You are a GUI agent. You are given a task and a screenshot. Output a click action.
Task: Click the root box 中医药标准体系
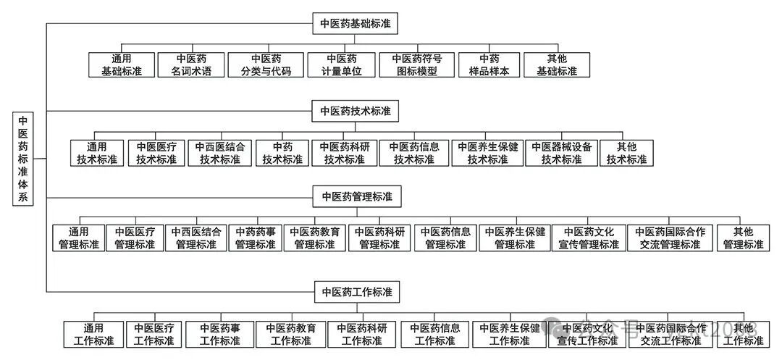click(23, 159)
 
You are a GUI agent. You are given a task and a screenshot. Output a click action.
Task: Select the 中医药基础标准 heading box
click(356, 22)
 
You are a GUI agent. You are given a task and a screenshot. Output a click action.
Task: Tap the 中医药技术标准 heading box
click(356, 111)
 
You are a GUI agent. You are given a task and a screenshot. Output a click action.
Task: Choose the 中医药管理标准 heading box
click(356, 196)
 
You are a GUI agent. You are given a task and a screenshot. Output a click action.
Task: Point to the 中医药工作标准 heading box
click(356, 292)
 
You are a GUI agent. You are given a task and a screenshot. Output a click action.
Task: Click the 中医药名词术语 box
click(192, 64)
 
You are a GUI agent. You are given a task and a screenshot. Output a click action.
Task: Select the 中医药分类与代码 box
click(266, 64)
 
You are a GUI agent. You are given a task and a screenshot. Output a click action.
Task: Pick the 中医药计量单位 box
click(341, 64)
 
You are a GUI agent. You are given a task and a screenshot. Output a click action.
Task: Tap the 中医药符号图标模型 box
click(416, 64)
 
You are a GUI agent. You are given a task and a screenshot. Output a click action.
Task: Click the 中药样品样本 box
click(489, 64)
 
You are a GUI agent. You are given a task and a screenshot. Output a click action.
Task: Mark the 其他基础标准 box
click(557, 64)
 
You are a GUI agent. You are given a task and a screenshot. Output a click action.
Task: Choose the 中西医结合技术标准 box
click(220, 153)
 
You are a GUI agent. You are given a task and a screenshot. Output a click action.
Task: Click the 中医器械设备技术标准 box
click(561, 153)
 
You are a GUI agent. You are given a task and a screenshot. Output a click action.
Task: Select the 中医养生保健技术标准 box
click(487, 153)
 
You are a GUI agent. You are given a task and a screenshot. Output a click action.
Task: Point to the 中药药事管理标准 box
click(256, 238)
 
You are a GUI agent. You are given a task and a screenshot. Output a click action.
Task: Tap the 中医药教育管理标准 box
click(314, 238)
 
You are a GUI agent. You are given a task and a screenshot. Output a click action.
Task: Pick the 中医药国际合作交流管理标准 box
click(670, 238)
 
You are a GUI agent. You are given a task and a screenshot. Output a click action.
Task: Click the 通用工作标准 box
click(93, 334)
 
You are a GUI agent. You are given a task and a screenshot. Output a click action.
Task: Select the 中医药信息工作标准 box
click(434, 334)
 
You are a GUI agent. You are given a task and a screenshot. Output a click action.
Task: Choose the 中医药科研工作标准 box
click(361, 334)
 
